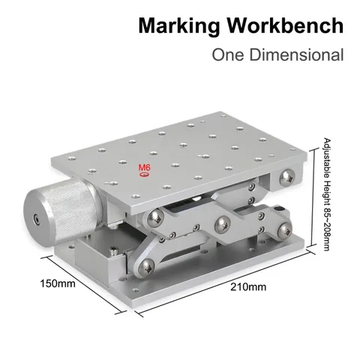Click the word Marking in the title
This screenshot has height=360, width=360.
tap(179, 26)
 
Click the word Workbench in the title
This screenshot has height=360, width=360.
tap(285, 25)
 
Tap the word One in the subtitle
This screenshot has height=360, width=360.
tap(228, 55)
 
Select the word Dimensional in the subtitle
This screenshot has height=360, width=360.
tap(297, 55)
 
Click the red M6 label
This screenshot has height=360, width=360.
tap(145, 167)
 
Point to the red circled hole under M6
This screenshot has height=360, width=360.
tap(145, 175)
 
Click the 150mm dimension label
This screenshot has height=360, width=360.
tap(58, 283)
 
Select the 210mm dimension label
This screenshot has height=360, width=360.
tap(248, 286)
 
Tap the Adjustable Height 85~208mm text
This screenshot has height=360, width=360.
tap(327, 194)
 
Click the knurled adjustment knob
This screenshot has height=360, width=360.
tap(62, 212)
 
